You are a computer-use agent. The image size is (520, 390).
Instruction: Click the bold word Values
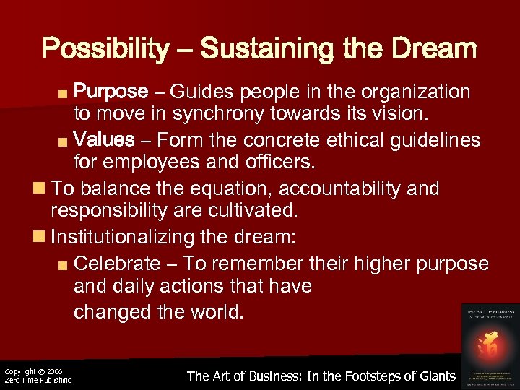point(105,139)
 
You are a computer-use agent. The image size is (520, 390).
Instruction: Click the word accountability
point(337,189)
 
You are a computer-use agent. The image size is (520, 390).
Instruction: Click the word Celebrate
point(117,264)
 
